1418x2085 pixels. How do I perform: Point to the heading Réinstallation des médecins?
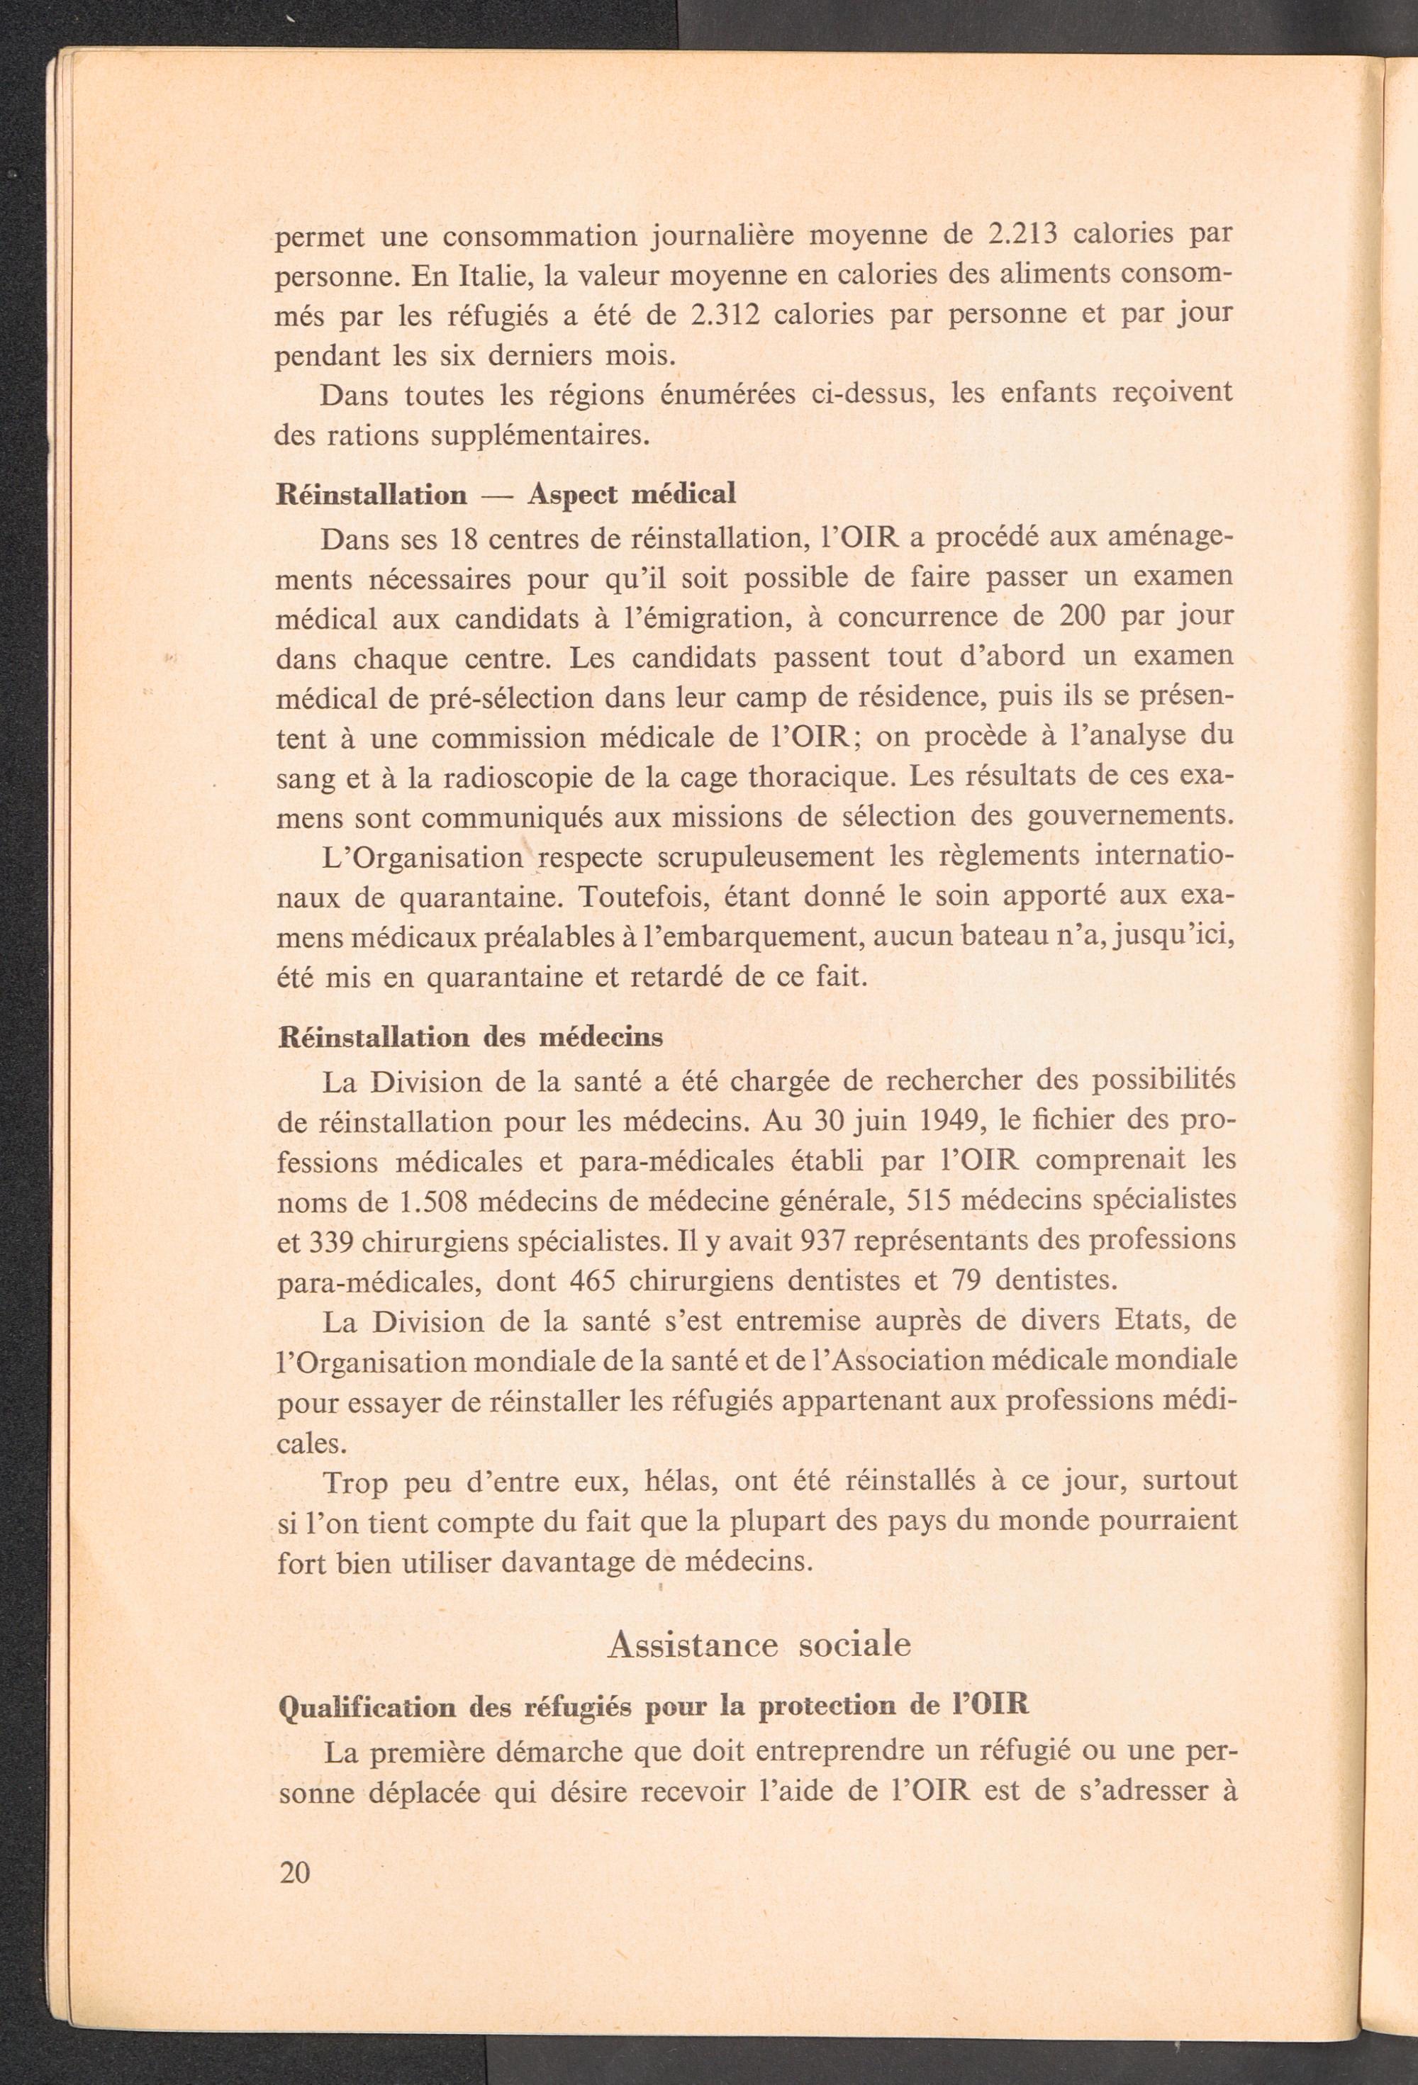click(471, 1037)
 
